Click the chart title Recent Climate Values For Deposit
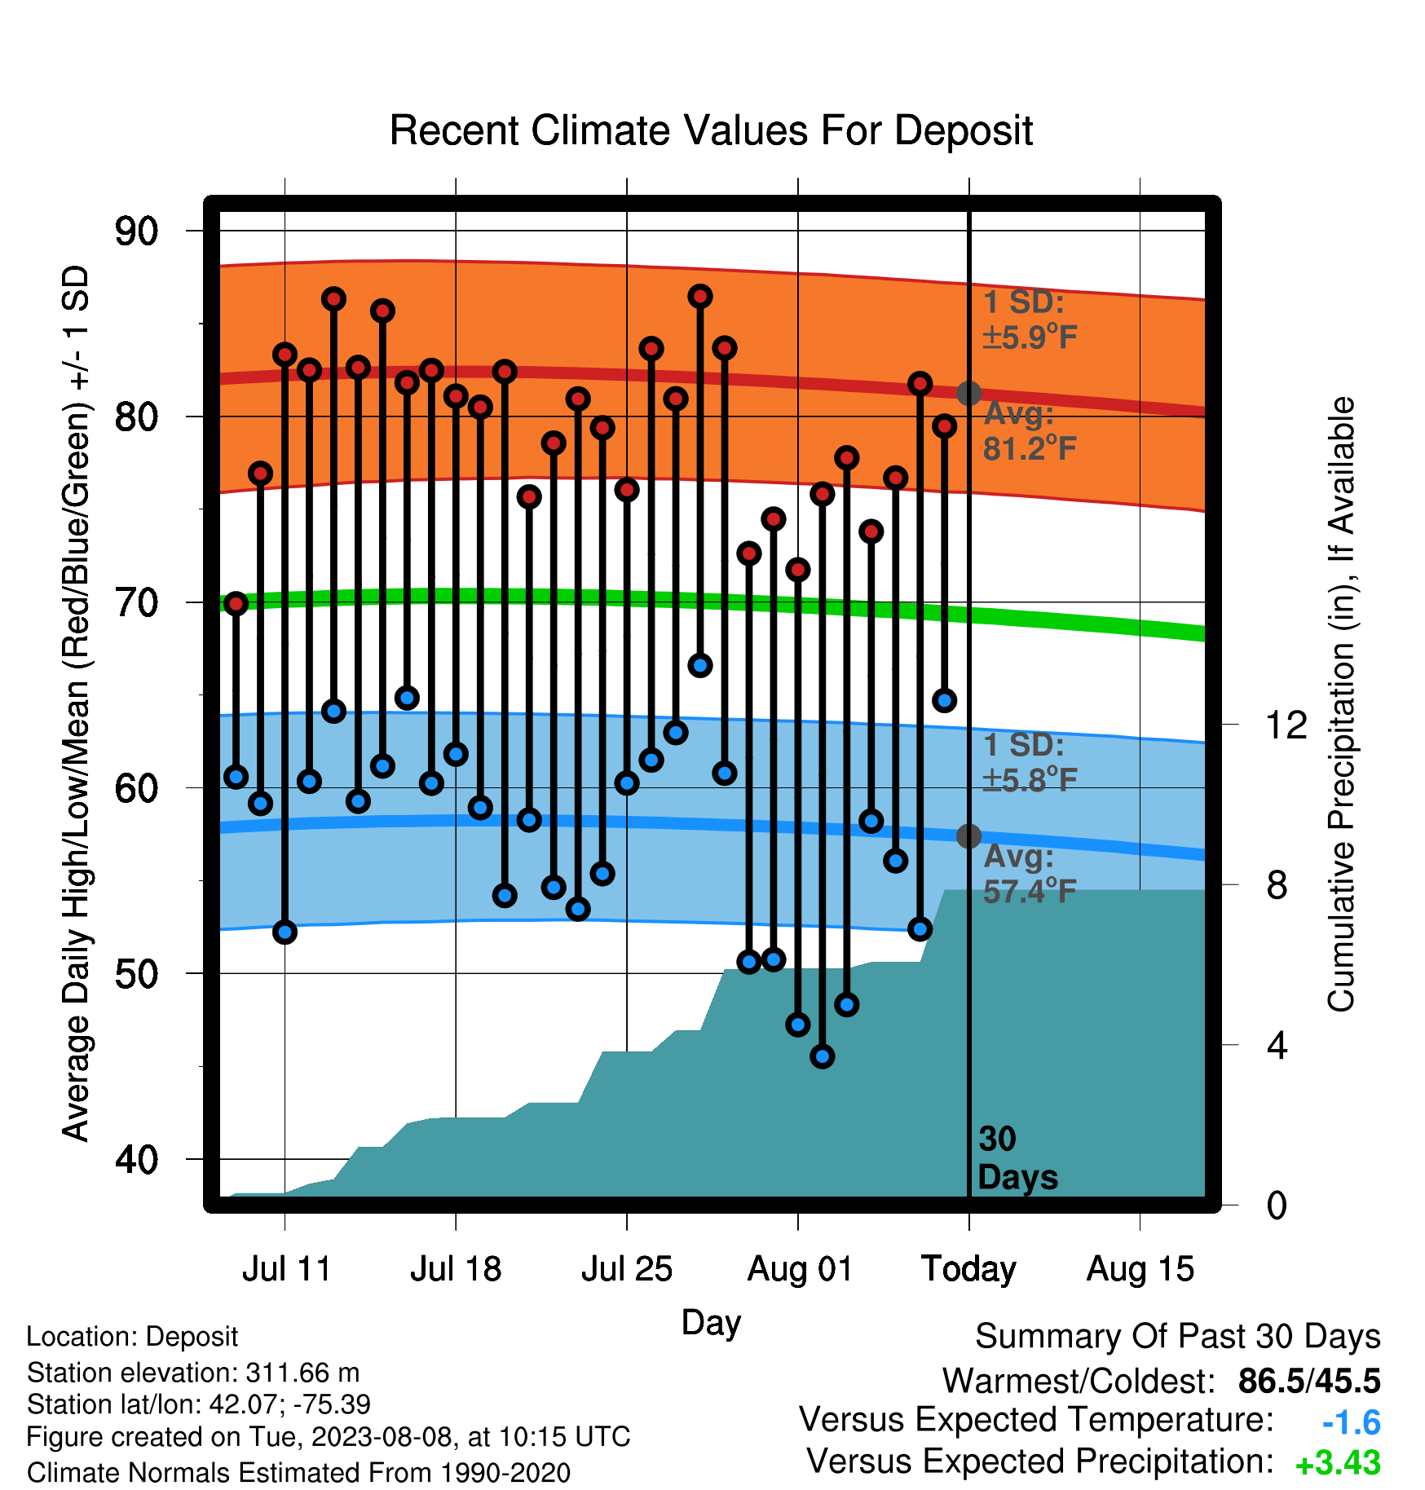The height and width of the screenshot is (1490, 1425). pos(711,130)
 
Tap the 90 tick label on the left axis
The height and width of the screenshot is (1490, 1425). pos(136,231)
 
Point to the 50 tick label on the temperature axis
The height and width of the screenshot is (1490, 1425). pos(136,974)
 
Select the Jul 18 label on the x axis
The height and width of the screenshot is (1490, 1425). pos(456,1269)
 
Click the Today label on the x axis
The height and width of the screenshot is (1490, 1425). pos(968,1269)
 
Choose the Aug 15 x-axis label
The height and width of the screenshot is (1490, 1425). pos(1140,1269)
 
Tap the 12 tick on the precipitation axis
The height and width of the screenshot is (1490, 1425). pos(1286,725)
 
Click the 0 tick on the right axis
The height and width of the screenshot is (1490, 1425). pos(1277,1205)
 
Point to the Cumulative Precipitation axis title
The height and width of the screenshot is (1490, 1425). pos(1340,704)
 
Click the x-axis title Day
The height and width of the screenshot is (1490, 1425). pos(711,1323)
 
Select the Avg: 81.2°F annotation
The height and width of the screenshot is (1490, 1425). pos(1030,431)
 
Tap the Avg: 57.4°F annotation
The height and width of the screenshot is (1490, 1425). pos(1030,874)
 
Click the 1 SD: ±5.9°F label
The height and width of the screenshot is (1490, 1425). pos(1030,320)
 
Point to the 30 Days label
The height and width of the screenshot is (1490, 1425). pos(1017,1158)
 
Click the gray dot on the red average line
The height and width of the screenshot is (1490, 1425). pos(968,394)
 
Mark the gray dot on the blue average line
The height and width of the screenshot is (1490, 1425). pos(968,836)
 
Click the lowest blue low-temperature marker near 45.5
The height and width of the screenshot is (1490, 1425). pos(823,1057)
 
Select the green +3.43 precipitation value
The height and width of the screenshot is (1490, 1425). pos(1338,1463)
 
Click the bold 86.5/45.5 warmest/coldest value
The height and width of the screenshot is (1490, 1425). pos(1309,1381)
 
